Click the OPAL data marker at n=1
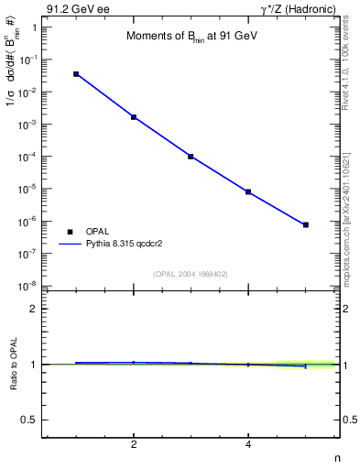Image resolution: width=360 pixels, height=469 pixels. [x=76, y=74]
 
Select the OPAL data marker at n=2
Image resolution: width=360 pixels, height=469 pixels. [x=134, y=117]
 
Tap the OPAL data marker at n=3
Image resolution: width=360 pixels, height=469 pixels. [x=191, y=157]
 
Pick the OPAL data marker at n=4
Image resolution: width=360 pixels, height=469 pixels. [x=248, y=192]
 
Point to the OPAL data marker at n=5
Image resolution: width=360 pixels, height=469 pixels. [x=306, y=224]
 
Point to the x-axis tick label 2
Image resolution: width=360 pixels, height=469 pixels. [x=134, y=445]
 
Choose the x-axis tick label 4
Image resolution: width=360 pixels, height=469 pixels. [x=248, y=445]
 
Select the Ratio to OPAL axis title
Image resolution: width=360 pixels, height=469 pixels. [x=14, y=365]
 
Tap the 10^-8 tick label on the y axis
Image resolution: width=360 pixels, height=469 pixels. [x=30, y=286]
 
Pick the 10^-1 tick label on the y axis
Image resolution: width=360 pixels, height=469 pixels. [x=30, y=60]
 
